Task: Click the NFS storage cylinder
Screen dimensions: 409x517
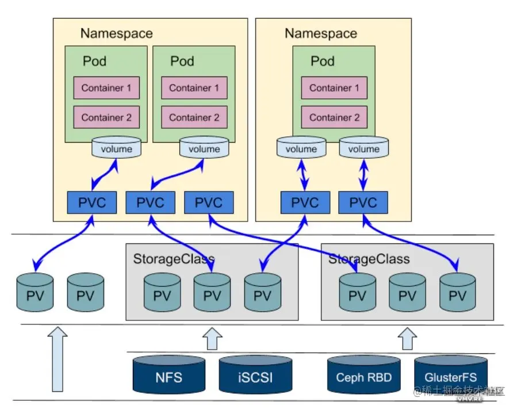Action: click(170, 377)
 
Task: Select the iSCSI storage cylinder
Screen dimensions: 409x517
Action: click(255, 377)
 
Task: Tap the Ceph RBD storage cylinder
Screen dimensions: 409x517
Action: click(363, 377)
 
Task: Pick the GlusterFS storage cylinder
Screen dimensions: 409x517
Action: click(450, 377)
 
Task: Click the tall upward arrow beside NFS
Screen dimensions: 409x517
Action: click(58, 362)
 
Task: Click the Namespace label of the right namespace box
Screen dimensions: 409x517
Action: click(321, 33)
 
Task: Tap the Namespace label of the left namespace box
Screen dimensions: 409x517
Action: click(117, 33)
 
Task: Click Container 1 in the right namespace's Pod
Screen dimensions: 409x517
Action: click(334, 88)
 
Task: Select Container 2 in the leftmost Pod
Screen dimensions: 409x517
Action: click(106, 117)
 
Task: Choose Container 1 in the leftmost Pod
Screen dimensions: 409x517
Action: click(106, 88)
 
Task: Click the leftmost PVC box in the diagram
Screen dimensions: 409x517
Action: click(93, 203)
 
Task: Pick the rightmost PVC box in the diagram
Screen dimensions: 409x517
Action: click(363, 203)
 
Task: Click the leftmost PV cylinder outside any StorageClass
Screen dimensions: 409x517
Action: click(35, 292)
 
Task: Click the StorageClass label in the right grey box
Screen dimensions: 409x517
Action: click(369, 258)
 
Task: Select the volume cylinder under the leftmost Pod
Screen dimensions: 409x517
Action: click(116, 148)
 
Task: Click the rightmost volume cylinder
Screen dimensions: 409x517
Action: click(363, 148)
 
